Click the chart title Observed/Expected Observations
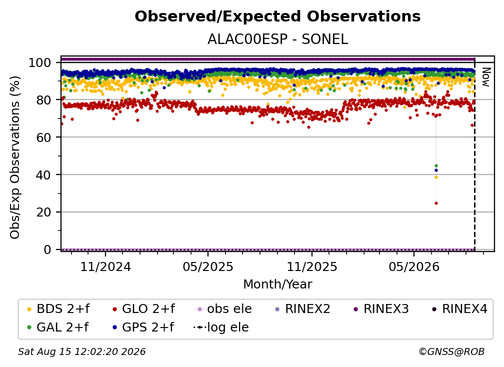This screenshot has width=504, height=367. (x=277, y=16)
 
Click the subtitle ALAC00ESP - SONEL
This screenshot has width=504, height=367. (x=277, y=39)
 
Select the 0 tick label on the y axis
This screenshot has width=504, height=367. (x=47, y=249)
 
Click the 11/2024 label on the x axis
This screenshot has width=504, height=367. (x=105, y=266)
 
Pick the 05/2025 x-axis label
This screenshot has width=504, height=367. (x=208, y=266)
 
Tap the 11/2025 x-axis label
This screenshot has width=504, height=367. (x=312, y=266)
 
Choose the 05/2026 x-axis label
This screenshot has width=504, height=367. (x=414, y=266)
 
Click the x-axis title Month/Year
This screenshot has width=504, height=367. (x=277, y=284)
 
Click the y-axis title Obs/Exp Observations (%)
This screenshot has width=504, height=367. (x=15, y=157)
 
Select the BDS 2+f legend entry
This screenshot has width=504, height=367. (x=58, y=309)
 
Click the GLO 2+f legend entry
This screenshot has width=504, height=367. (x=143, y=309)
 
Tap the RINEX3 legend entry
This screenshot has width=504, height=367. (x=381, y=309)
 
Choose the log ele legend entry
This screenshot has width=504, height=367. (x=221, y=327)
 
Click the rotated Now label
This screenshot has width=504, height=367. (x=486, y=77)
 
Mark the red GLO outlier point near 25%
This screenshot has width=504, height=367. (x=436, y=203)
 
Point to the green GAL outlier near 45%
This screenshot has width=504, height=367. (x=436, y=166)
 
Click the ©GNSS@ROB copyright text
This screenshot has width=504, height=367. (x=451, y=352)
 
